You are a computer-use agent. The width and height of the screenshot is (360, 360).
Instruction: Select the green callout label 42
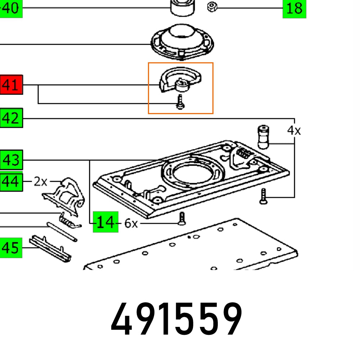12,118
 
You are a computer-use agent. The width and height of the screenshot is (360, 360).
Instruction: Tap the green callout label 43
12,160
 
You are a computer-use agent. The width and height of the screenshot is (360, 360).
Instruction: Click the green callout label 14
105,222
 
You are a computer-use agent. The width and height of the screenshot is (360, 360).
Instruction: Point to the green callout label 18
294,8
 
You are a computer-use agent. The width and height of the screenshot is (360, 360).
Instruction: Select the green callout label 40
11,8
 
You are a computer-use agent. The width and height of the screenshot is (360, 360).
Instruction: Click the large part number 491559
176,320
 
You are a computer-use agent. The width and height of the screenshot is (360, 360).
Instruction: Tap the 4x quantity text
294,130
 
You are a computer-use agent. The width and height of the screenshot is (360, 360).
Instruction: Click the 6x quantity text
131,224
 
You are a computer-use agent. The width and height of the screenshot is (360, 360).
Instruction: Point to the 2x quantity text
41,181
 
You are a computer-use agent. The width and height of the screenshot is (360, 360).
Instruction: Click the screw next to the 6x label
182,218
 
